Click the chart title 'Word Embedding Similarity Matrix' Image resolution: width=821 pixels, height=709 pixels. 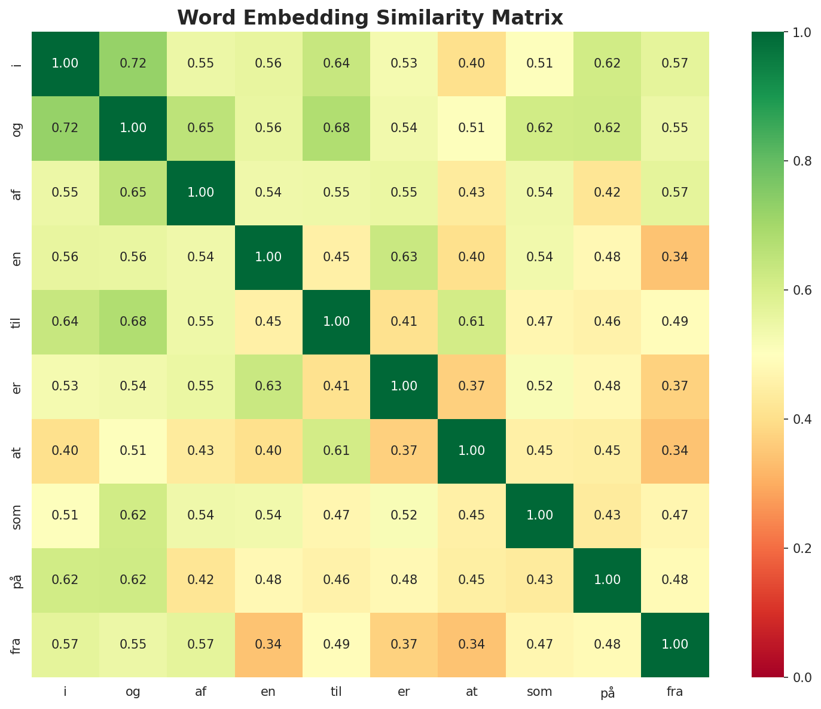pos(370,18)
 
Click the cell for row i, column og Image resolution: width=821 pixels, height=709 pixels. pos(133,63)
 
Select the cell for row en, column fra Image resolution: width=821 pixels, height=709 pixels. pos(675,257)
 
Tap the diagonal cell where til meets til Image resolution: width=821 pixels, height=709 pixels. pos(336,322)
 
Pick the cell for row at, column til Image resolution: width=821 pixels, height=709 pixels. pos(336,451)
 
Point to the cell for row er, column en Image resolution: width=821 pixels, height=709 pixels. pos(268,386)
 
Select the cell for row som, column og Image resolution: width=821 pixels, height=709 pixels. pos(133,515)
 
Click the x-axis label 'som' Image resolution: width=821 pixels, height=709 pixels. pos(539,692)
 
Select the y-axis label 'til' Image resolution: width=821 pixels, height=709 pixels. pos(16,322)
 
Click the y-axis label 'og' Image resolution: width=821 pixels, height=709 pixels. pos(16,128)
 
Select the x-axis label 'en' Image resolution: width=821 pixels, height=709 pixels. pos(268,692)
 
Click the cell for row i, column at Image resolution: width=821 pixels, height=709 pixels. pos(472,63)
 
